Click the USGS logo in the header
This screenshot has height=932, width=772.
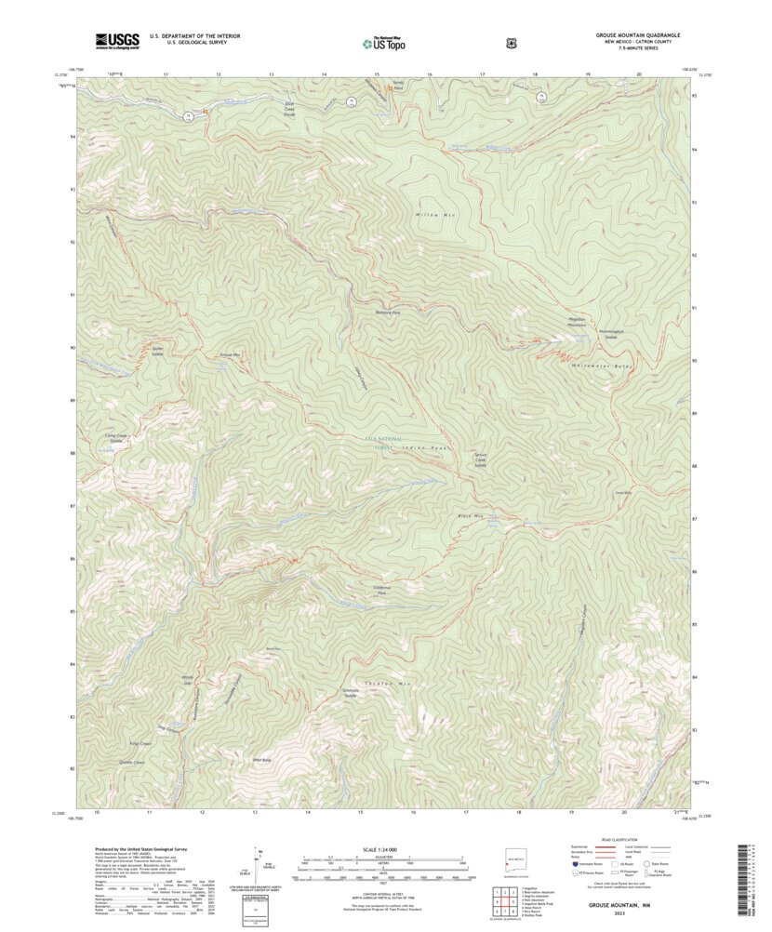click(x=116, y=40)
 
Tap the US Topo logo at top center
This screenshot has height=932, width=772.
click(x=384, y=41)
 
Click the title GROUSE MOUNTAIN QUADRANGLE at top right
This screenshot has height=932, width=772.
click(x=637, y=34)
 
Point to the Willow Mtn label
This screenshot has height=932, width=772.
click(x=438, y=215)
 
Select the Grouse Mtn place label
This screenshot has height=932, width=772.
click(x=230, y=355)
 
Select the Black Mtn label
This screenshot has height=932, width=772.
click(x=471, y=515)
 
